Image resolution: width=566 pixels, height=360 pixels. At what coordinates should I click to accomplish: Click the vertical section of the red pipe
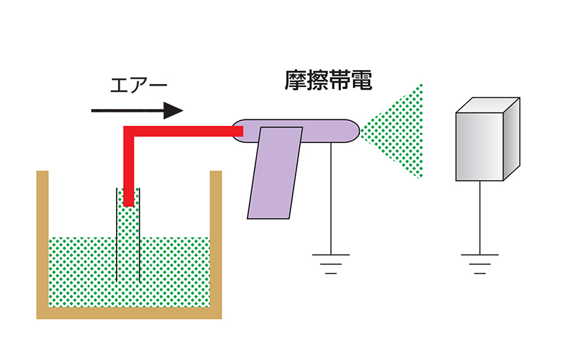click(x=129, y=170)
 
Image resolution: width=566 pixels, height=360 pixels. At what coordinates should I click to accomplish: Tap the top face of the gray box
click(x=489, y=105)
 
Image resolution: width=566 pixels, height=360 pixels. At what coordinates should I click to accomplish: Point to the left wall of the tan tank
click(x=42, y=240)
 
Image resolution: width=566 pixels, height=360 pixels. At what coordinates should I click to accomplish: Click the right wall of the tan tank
click(x=216, y=240)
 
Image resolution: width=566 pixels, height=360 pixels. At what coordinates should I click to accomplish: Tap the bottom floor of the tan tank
click(x=129, y=313)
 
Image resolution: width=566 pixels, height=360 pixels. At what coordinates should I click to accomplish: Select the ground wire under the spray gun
click(x=331, y=198)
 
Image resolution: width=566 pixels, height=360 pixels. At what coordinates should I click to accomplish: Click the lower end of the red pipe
click(x=129, y=202)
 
